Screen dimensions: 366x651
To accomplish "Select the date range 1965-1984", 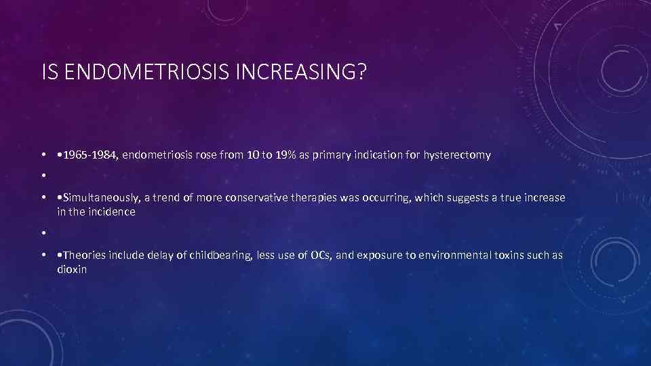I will click(91, 155).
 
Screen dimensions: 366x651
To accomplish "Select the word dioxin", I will click(73, 269).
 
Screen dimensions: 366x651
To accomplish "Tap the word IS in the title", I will click(48, 72).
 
